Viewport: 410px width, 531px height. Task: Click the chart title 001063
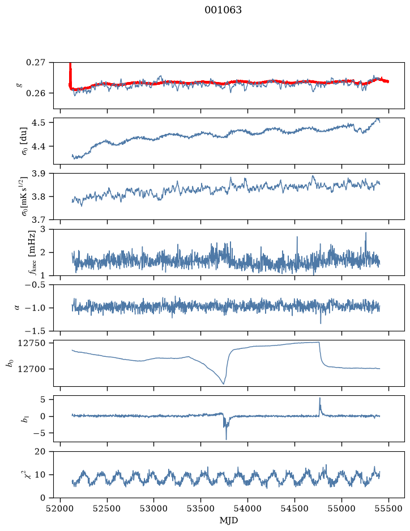[x=223, y=10]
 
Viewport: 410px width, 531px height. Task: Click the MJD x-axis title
[x=229, y=520]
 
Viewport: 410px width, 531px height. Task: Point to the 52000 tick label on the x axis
[x=61, y=508]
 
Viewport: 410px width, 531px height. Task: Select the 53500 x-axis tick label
[x=201, y=508]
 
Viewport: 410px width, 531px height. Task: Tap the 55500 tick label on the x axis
[x=388, y=508]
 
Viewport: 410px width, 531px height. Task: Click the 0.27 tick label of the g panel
[x=36, y=63]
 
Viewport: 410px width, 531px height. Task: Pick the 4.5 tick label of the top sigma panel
[x=39, y=123]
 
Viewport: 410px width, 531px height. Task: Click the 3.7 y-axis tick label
[x=39, y=220]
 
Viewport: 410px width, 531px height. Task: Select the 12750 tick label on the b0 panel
[x=31, y=343]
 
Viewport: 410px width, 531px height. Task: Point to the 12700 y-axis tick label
[x=31, y=369]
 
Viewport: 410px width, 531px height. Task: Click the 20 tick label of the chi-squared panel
[x=40, y=452]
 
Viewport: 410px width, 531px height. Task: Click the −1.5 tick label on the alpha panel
[x=35, y=331]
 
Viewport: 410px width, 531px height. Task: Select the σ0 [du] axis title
[x=24, y=141]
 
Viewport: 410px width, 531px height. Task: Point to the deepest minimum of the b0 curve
[x=224, y=383]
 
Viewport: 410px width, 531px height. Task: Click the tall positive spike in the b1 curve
[x=319, y=398]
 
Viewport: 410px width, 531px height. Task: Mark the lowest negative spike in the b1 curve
[x=226, y=439]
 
